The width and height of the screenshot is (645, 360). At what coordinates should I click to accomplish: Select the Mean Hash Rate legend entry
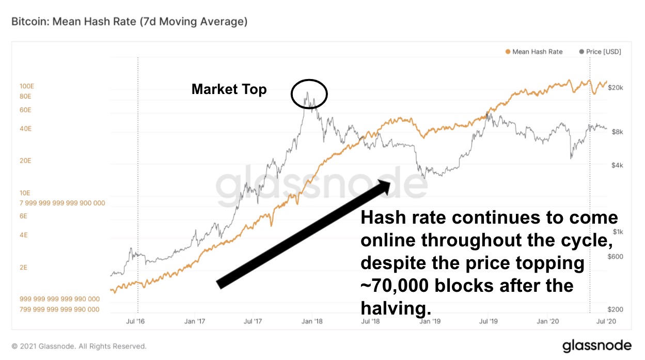534,52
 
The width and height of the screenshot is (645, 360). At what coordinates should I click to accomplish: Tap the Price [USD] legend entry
600,52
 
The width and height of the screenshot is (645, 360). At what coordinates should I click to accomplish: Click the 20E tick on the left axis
26,161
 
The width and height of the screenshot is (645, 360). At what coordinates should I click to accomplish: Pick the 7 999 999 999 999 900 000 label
62,203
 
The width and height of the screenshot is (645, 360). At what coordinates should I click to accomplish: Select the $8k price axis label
615,132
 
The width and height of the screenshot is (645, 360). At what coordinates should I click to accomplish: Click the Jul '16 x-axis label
136,321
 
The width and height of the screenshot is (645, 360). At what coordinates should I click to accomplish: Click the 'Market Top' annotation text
229,89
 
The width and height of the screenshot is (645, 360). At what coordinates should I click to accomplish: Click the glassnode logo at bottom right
596,345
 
